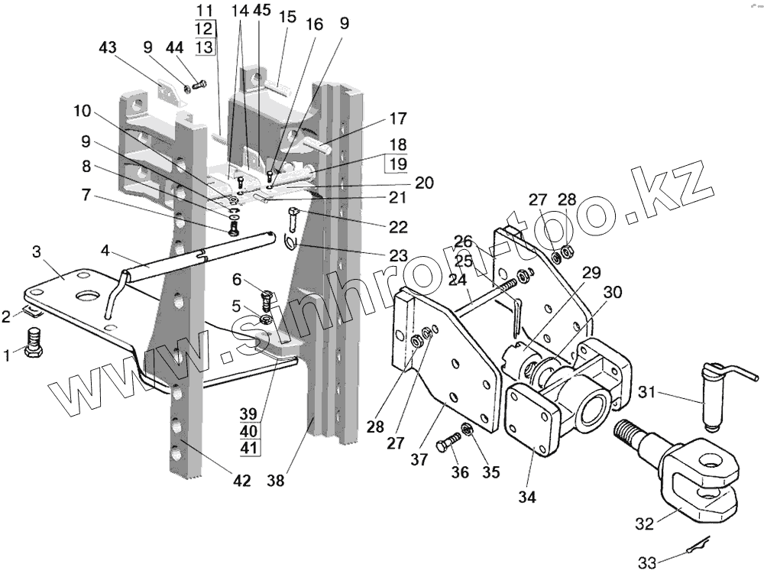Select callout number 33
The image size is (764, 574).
[x=648, y=563]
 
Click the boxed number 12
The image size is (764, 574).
[x=204, y=28]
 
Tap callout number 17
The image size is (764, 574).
[x=397, y=119]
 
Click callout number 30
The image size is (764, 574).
[x=613, y=293]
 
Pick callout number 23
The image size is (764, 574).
[x=398, y=255]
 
